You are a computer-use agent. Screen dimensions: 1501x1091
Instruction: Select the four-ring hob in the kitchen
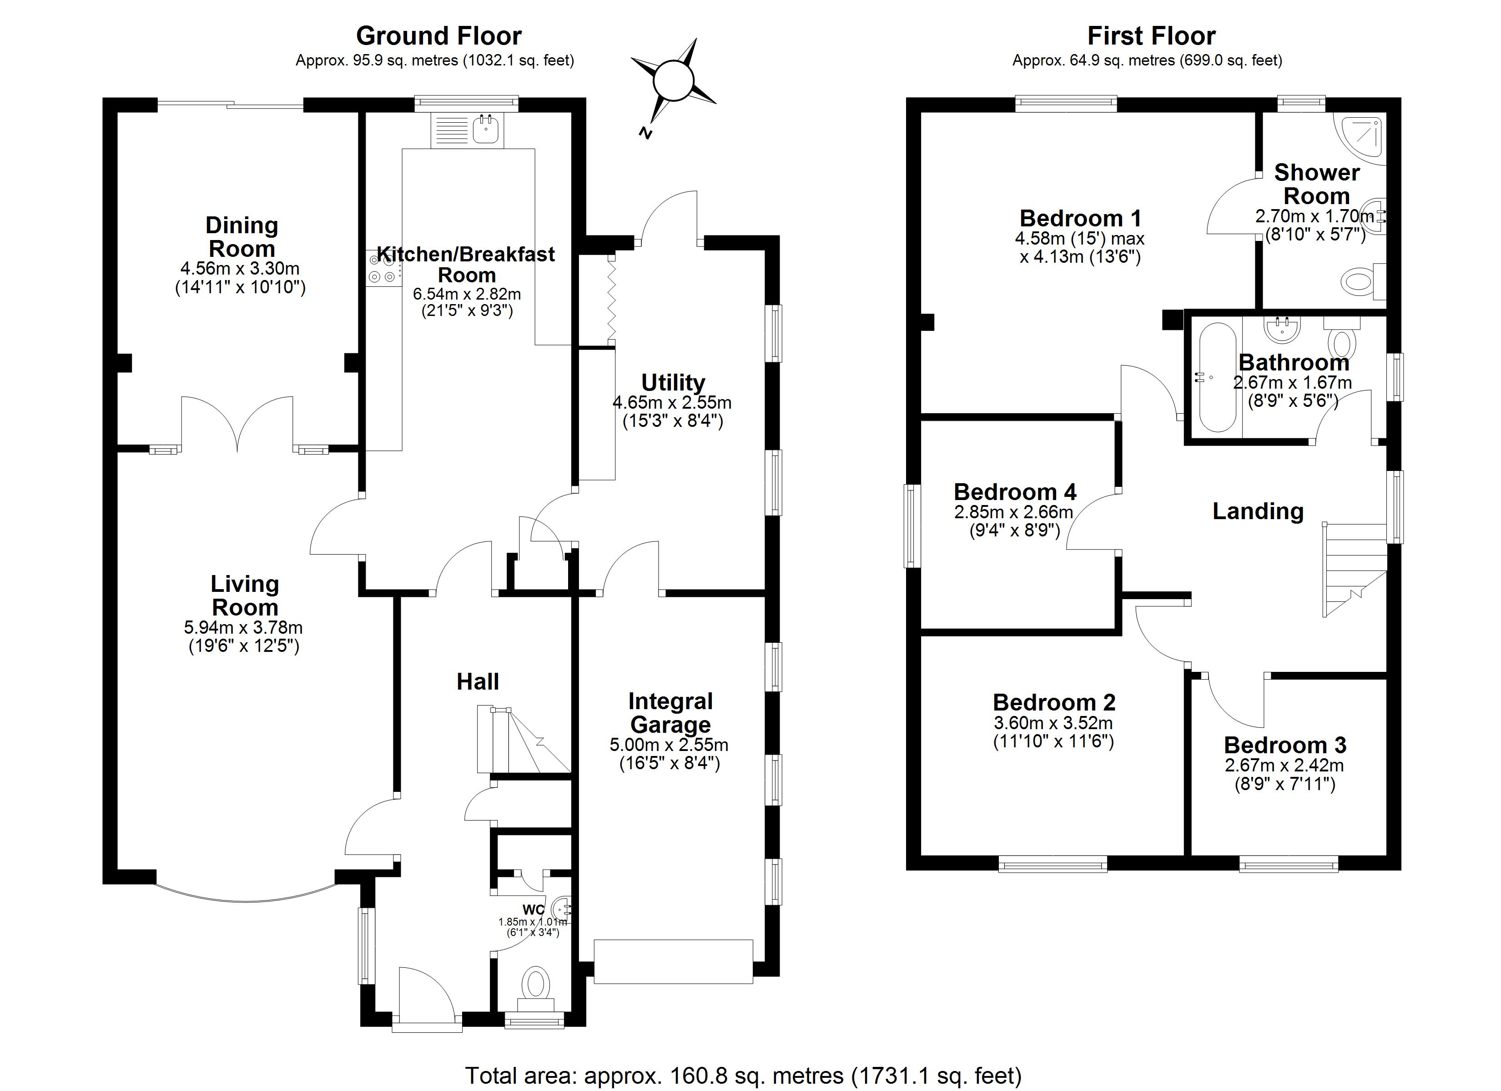pos(384,269)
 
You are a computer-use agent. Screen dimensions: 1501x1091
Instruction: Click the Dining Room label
pos(242,237)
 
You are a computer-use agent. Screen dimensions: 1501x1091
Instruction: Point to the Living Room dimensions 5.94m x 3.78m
pos(243,626)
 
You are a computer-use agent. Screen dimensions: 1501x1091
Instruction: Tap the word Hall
pos(478,681)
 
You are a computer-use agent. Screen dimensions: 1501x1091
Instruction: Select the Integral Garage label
pos(670,712)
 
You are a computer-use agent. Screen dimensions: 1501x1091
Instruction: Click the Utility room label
pos(673,382)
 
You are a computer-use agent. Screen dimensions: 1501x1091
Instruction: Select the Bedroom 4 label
pos(1015,491)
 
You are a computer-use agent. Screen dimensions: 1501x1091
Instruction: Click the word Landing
pos(1258,511)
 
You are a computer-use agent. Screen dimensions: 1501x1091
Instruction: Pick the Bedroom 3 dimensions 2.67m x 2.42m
pos(1284,766)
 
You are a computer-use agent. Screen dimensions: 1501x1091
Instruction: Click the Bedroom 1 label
pos(1081,218)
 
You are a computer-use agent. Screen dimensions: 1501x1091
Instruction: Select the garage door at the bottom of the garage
pos(673,961)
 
